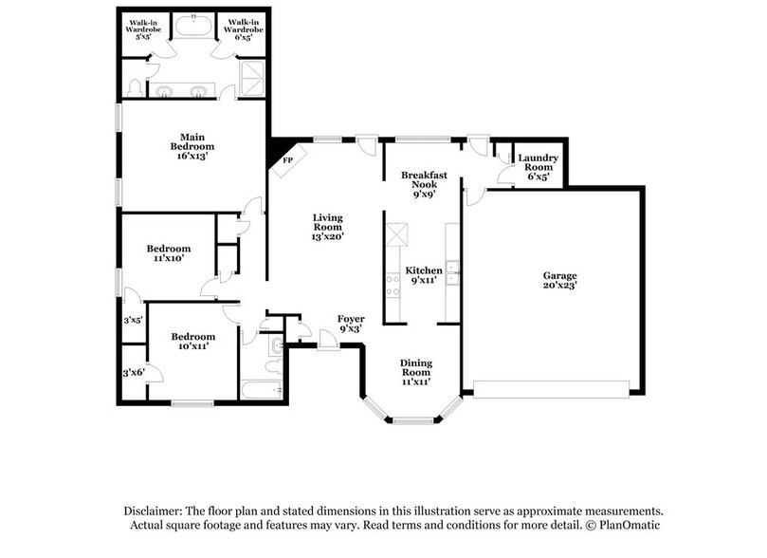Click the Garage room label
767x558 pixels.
point(560,280)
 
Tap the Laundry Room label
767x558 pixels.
point(538,166)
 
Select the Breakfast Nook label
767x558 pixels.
point(424,184)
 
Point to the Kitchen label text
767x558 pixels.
point(424,275)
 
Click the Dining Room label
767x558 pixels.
point(416,372)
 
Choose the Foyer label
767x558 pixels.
point(350,324)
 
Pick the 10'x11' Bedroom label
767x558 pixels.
point(192,342)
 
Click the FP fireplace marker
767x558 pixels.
point(287,161)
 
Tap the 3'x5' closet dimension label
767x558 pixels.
point(132,320)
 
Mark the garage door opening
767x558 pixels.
point(551,388)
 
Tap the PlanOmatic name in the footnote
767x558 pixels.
point(627,525)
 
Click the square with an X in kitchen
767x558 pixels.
point(396,231)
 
